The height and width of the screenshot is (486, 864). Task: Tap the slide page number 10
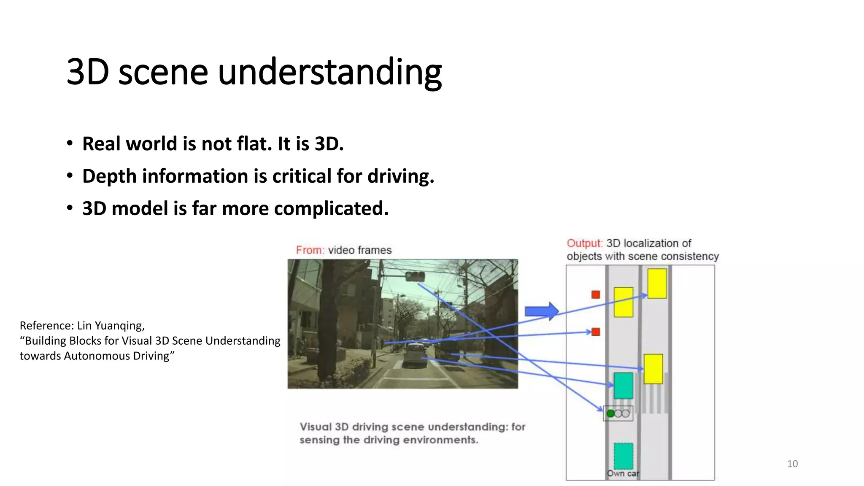[x=792, y=464]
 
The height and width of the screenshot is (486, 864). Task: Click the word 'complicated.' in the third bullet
[x=331, y=208]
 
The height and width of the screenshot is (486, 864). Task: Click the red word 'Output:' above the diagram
[x=585, y=243]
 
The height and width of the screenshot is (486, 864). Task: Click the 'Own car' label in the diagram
[x=623, y=473]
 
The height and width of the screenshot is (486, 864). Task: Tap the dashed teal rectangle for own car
[x=623, y=456]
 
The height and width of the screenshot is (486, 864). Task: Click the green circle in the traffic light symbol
[x=610, y=413]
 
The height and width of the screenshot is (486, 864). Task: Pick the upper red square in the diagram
[x=596, y=294]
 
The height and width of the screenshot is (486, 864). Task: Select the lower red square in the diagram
[x=596, y=332]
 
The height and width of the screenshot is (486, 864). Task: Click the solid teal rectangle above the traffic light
[x=623, y=385]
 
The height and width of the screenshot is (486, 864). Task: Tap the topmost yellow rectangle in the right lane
[x=657, y=283]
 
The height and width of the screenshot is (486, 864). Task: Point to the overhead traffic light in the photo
[x=415, y=276]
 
